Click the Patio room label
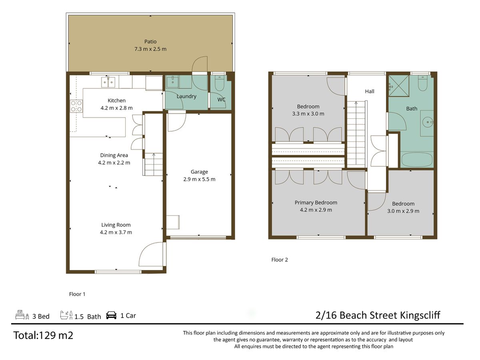click(150, 42)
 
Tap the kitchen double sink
click(108, 82)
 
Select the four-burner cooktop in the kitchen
click(76, 106)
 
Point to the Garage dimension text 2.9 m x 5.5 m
click(199, 179)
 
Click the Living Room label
click(116, 225)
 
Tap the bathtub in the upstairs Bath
click(417, 160)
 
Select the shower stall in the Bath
click(399, 86)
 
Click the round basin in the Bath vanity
click(427, 122)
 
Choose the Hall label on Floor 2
click(370, 91)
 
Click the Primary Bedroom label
click(316, 203)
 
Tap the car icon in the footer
click(111, 315)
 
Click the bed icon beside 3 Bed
click(22, 315)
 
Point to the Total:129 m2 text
click(43, 335)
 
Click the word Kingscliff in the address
click(420, 315)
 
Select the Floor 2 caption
click(280, 260)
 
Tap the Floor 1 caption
click(77, 294)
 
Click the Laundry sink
click(173, 82)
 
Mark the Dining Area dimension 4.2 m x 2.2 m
click(114, 163)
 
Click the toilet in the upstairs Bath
click(422, 83)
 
